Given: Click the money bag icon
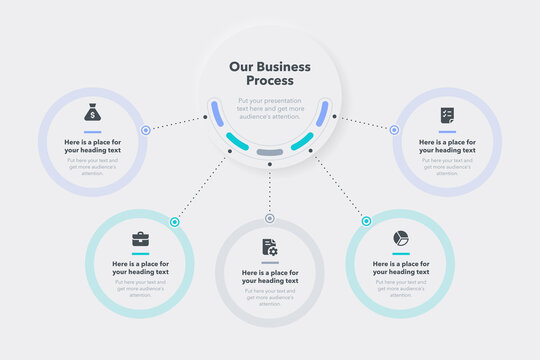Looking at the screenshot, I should (x=92, y=112).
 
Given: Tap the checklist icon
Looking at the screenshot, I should (x=447, y=115).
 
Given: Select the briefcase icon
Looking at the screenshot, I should (x=140, y=239).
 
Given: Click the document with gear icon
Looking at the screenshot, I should (x=269, y=247).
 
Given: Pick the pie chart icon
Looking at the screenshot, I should (x=400, y=238).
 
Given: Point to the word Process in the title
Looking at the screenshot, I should (x=270, y=81).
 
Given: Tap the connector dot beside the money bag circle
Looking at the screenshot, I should (x=146, y=130).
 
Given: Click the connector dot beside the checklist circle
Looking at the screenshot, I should (x=394, y=130).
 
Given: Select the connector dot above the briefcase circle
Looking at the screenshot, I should (x=174, y=222).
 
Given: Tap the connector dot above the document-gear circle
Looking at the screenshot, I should (x=269, y=218).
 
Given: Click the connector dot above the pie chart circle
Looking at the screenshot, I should (x=366, y=221).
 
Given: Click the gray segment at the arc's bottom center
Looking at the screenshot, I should (x=269, y=152).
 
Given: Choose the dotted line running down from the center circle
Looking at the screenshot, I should (x=269, y=190).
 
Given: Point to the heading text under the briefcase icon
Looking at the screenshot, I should (x=140, y=268).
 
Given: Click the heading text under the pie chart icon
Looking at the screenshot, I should (x=400, y=268).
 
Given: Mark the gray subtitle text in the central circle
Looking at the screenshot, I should (x=270, y=108).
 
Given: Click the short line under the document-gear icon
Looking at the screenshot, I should (x=269, y=262).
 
